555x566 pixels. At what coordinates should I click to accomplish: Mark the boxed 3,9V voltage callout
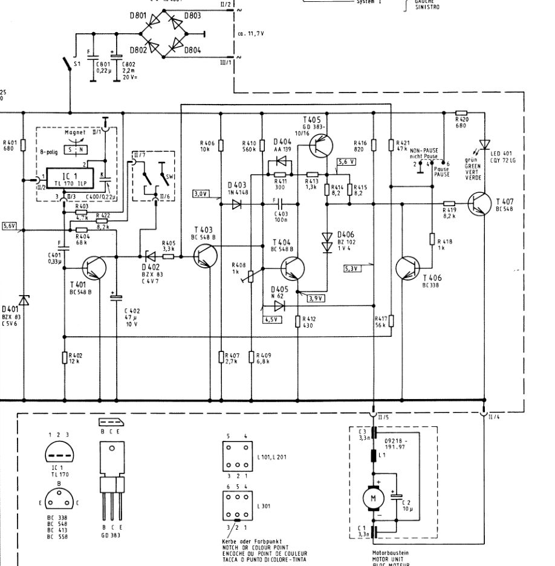[x=316, y=298]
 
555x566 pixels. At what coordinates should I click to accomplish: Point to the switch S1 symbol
[x=68, y=63]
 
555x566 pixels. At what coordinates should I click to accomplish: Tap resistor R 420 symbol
[x=461, y=112]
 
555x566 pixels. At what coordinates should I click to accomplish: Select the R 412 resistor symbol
[x=297, y=322]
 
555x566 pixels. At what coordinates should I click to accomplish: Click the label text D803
[x=192, y=16]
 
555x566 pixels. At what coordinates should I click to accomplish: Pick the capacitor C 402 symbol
[x=113, y=297]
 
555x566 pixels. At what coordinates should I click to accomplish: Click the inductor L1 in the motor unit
[x=373, y=454]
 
